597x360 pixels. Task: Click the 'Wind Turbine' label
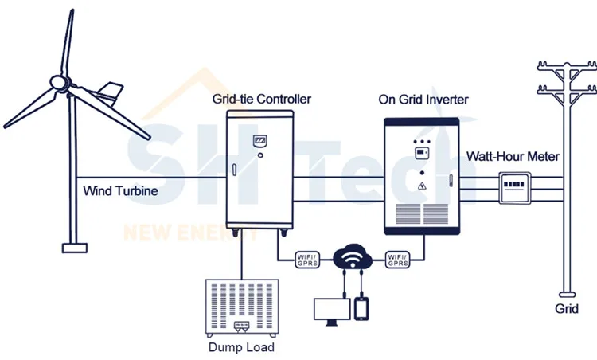click(120, 191)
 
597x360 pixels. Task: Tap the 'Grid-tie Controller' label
click(261, 100)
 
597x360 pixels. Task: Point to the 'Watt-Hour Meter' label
click(513, 157)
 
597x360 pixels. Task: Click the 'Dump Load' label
click(240, 347)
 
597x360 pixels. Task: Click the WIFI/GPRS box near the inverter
click(397, 259)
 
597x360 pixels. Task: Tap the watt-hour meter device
click(516, 189)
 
